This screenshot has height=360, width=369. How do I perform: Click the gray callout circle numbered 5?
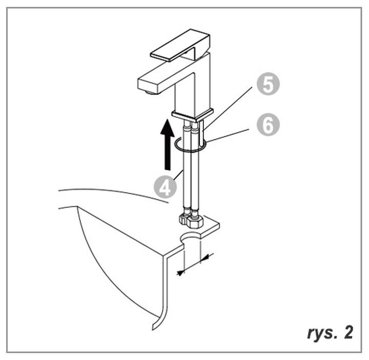(x=268, y=84)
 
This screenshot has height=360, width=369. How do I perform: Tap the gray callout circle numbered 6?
(x=268, y=125)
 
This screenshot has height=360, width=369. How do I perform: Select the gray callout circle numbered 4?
(x=165, y=187)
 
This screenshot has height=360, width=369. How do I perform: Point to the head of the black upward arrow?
(x=167, y=128)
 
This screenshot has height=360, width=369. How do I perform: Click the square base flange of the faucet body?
(x=193, y=115)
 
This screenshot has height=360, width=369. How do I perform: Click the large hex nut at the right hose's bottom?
(x=195, y=222)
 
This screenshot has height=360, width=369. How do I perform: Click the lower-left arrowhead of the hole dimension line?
(x=180, y=273)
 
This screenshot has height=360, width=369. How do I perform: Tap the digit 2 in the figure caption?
(x=348, y=332)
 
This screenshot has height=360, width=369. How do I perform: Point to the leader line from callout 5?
(x=228, y=108)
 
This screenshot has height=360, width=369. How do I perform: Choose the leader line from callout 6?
(x=228, y=135)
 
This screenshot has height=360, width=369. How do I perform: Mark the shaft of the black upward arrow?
(x=168, y=153)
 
